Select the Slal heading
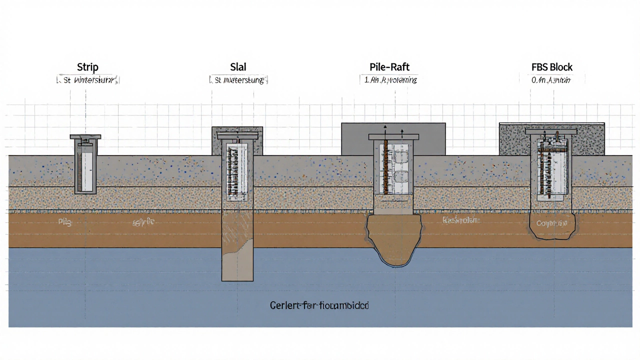pyautogui.click(x=238, y=67)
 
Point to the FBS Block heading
pyautogui.click(x=552, y=67)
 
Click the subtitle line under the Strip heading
pyautogui.click(x=87, y=79)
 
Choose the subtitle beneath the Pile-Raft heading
pyautogui.click(x=388, y=79)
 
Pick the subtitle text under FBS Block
pyautogui.click(x=552, y=79)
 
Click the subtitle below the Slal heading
pyautogui.click(x=238, y=79)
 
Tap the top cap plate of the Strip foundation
pyautogui.click(x=85, y=136)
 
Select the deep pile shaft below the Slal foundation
pyautogui.click(x=237, y=245)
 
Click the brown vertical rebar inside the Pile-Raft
pyautogui.click(x=386, y=167)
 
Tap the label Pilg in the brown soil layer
pyautogui.click(x=65, y=222)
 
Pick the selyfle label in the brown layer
pyautogui.click(x=143, y=221)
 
